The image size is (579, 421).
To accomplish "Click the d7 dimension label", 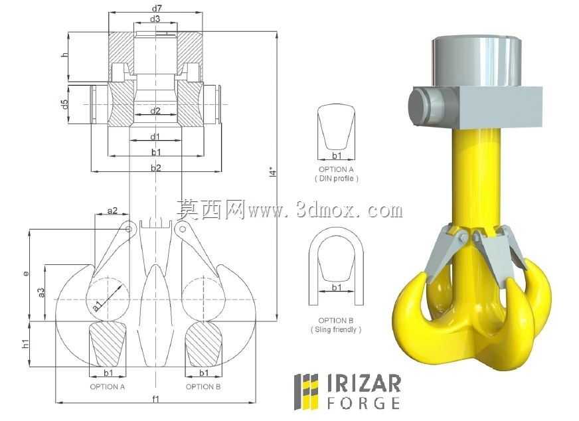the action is (x=157, y=8).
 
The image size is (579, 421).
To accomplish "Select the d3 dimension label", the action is (x=155, y=19).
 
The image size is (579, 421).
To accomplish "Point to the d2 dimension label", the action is (x=155, y=110).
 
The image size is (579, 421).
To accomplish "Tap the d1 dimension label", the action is (x=155, y=137).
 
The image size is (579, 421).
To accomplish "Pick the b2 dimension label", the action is (x=156, y=167).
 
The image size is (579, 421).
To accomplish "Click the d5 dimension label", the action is (x=65, y=104).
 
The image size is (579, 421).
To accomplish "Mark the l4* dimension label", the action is (x=273, y=172).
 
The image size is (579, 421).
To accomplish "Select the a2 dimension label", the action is (x=112, y=210).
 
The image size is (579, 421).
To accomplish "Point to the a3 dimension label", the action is (x=41, y=293).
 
